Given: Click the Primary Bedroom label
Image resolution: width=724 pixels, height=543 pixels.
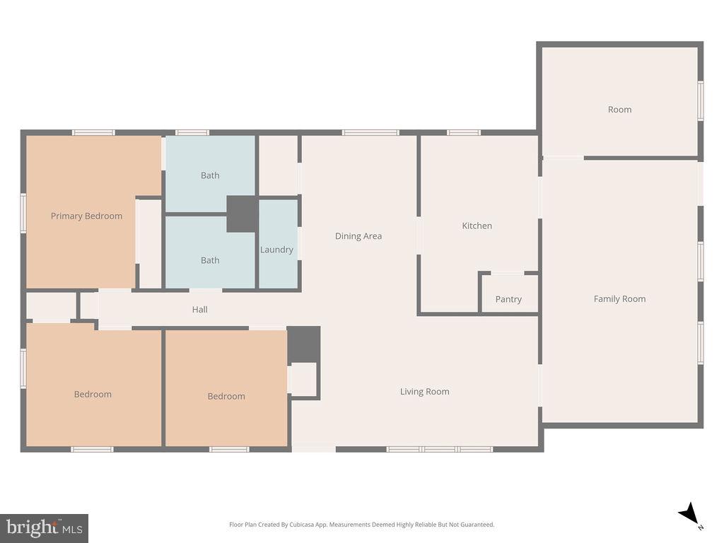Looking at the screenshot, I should pos(86,216).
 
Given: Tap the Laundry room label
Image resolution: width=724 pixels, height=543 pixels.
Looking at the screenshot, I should pos(276,250).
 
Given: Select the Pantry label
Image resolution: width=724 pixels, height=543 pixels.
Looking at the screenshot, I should pos(508,300).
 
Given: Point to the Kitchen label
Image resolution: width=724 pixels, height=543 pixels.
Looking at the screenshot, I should pos(477,226).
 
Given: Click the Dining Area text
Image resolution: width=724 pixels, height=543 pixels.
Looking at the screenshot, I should pos(358,236).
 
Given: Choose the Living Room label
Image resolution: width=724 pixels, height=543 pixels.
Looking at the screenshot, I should pos(424,392).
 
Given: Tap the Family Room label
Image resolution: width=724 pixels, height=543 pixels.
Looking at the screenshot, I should pos(619,299).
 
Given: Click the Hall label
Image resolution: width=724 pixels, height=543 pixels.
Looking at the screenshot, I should pos(200,310).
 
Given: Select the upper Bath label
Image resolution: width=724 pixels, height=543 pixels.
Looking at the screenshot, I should pos(210,175).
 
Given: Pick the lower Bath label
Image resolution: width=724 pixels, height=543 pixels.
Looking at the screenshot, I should pos(210,260).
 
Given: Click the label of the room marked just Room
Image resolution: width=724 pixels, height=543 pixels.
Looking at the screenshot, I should pos(619,110).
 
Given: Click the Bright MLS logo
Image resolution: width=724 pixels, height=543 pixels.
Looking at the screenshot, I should pos(44,527).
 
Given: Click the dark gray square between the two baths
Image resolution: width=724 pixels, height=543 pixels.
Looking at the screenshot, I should pos(242,214).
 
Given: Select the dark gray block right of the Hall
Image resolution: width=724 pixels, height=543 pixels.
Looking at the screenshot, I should pos(304,344).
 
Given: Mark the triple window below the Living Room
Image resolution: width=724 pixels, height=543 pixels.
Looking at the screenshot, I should pos(439,449).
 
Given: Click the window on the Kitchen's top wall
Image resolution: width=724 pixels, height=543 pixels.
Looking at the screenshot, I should pos(464,132).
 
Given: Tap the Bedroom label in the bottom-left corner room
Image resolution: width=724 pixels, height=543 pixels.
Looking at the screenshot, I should pos(93,395).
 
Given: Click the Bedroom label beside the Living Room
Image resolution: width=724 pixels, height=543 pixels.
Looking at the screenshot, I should pos(226,397).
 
